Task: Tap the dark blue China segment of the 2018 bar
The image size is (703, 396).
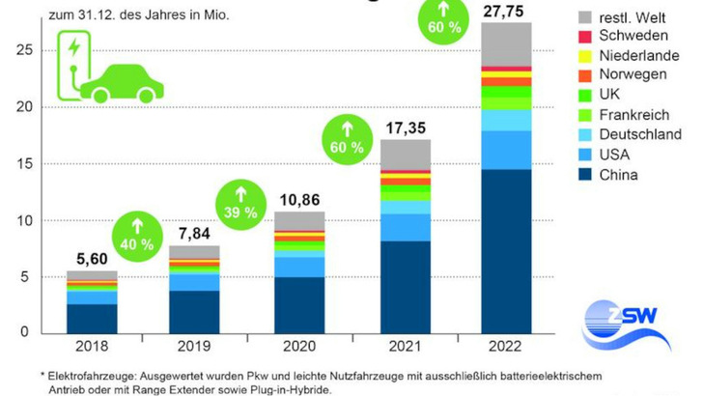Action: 92,318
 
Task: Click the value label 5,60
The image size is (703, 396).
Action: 92,258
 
